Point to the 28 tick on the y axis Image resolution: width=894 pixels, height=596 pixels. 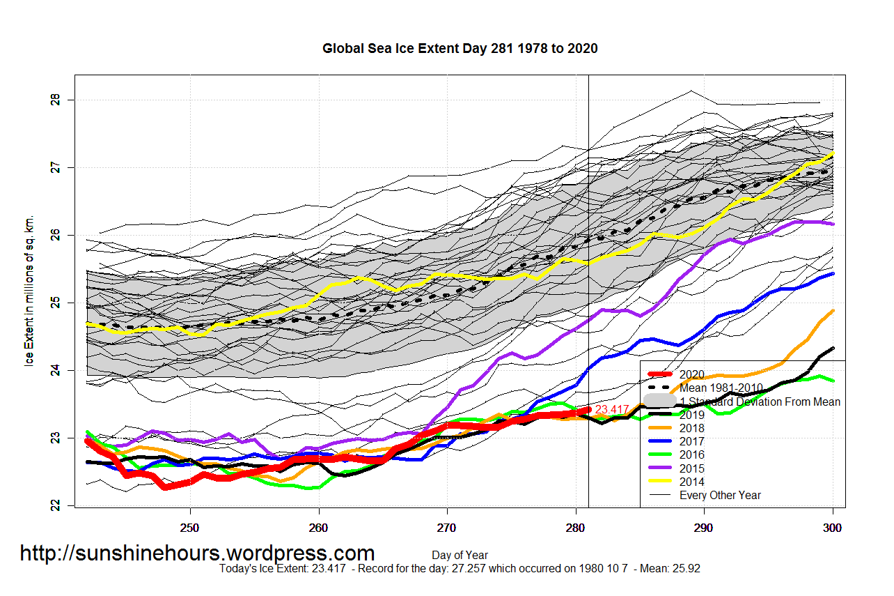[56, 100]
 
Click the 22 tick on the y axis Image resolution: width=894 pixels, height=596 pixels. [56, 505]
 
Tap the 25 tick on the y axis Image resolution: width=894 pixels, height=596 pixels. [56, 303]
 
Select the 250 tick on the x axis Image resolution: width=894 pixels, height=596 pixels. [190, 528]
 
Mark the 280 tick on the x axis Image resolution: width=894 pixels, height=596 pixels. [576, 528]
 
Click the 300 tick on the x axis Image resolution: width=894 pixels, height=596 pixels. [833, 528]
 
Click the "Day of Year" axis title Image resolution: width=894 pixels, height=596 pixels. [460, 556]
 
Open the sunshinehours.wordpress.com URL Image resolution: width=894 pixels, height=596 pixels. [197, 553]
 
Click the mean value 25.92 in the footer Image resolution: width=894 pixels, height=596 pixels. [687, 569]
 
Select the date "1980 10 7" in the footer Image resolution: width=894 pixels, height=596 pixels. [597, 569]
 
